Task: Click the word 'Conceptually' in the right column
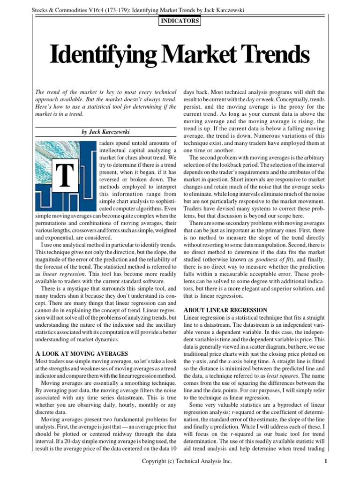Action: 298,100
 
